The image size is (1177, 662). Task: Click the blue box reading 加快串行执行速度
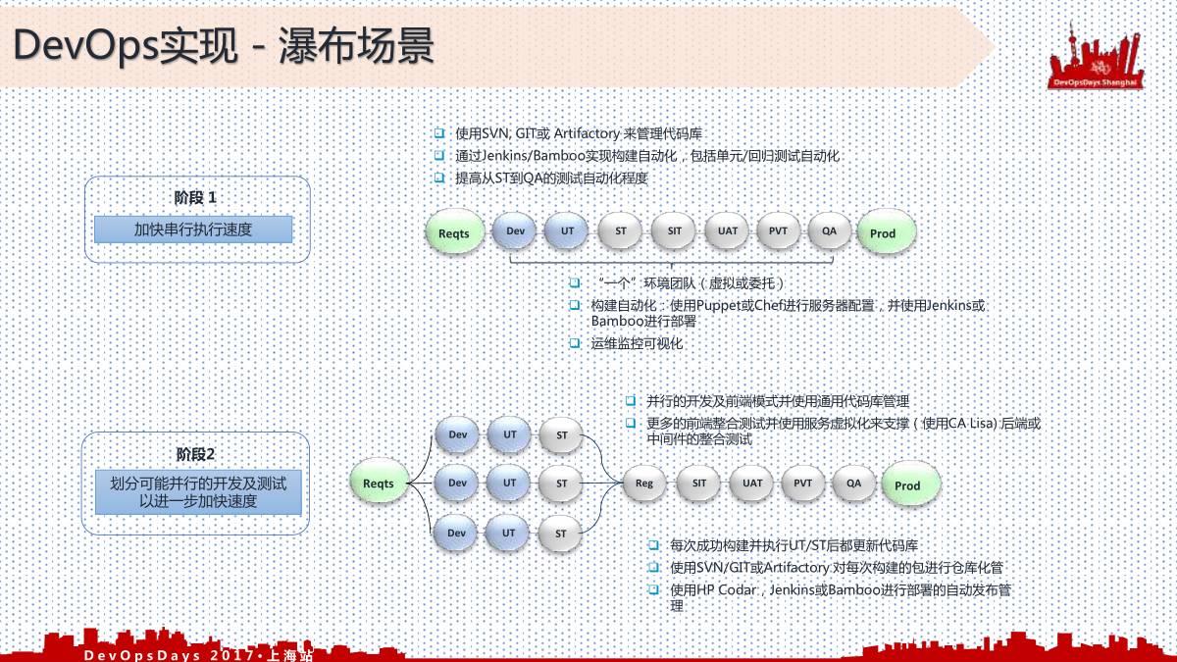click(193, 229)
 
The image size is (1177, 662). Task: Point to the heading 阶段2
click(195, 454)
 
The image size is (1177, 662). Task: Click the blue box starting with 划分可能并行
click(198, 492)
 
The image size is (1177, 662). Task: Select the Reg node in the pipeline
click(644, 484)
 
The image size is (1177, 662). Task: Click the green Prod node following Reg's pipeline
click(908, 485)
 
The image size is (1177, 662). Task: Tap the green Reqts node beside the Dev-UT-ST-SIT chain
click(454, 233)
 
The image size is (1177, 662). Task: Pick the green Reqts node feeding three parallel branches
click(379, 484)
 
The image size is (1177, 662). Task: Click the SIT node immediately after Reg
click(698, 484)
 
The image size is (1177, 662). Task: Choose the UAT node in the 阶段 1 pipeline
click(728, 231)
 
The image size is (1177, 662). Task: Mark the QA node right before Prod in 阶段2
click(854, 484)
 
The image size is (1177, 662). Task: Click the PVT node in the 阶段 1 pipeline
click(779, 231)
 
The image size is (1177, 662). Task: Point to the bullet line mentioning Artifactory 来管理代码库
click(579, 133)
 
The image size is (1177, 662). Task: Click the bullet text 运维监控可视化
click(637, 344)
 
